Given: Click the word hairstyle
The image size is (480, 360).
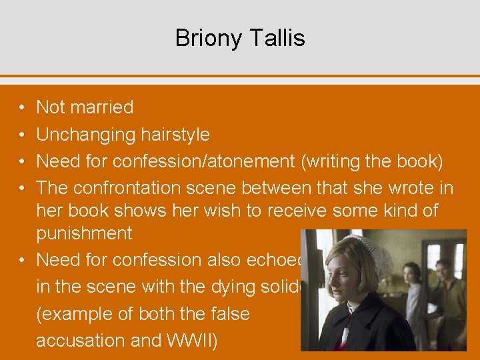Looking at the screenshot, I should pyautogui.click(x=175, y=135).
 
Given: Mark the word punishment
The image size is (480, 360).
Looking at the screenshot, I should pyautogui.click(x=84, y=233).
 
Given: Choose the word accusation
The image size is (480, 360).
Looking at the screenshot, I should pyautogui.click(x=75, y=340).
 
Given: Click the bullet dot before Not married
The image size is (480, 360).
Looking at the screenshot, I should pyautogui.click(x=22, y=107).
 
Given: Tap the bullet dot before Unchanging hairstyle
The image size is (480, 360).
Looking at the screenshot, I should pyautogui.click(x=22, y=135).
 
